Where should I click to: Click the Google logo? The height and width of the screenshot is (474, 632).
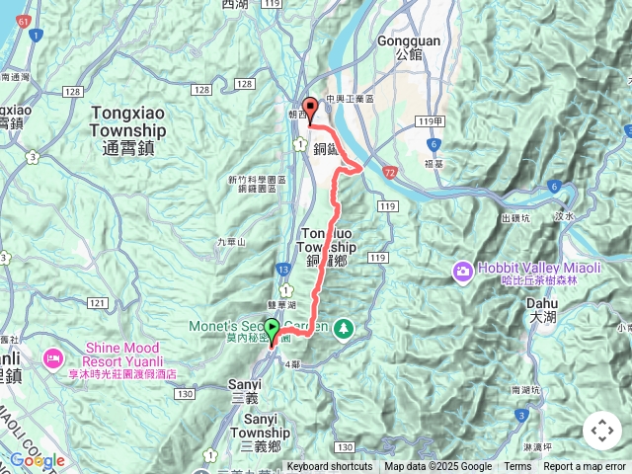[x=38, y=460]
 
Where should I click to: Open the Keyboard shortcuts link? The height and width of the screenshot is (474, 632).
[x=330, y=467]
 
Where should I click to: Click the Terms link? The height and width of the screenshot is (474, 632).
[x=517, y=467]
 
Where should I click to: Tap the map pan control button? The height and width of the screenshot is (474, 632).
[x=601, y=431]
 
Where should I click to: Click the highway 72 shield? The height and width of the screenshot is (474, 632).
[x=391, y=172]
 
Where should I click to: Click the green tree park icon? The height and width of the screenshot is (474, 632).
[x=344, y=326]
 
